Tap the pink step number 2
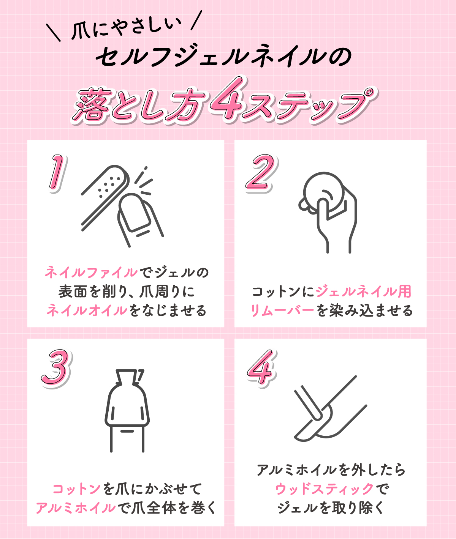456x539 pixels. (x=260, y=173)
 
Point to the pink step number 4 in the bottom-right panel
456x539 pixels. (x=261, y=367)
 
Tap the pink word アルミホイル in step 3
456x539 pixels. (x=75, y=508)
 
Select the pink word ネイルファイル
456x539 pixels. (x=91, y=273)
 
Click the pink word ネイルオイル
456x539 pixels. (x=87, y=310)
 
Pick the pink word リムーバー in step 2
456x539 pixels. (x=282, y=310)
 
